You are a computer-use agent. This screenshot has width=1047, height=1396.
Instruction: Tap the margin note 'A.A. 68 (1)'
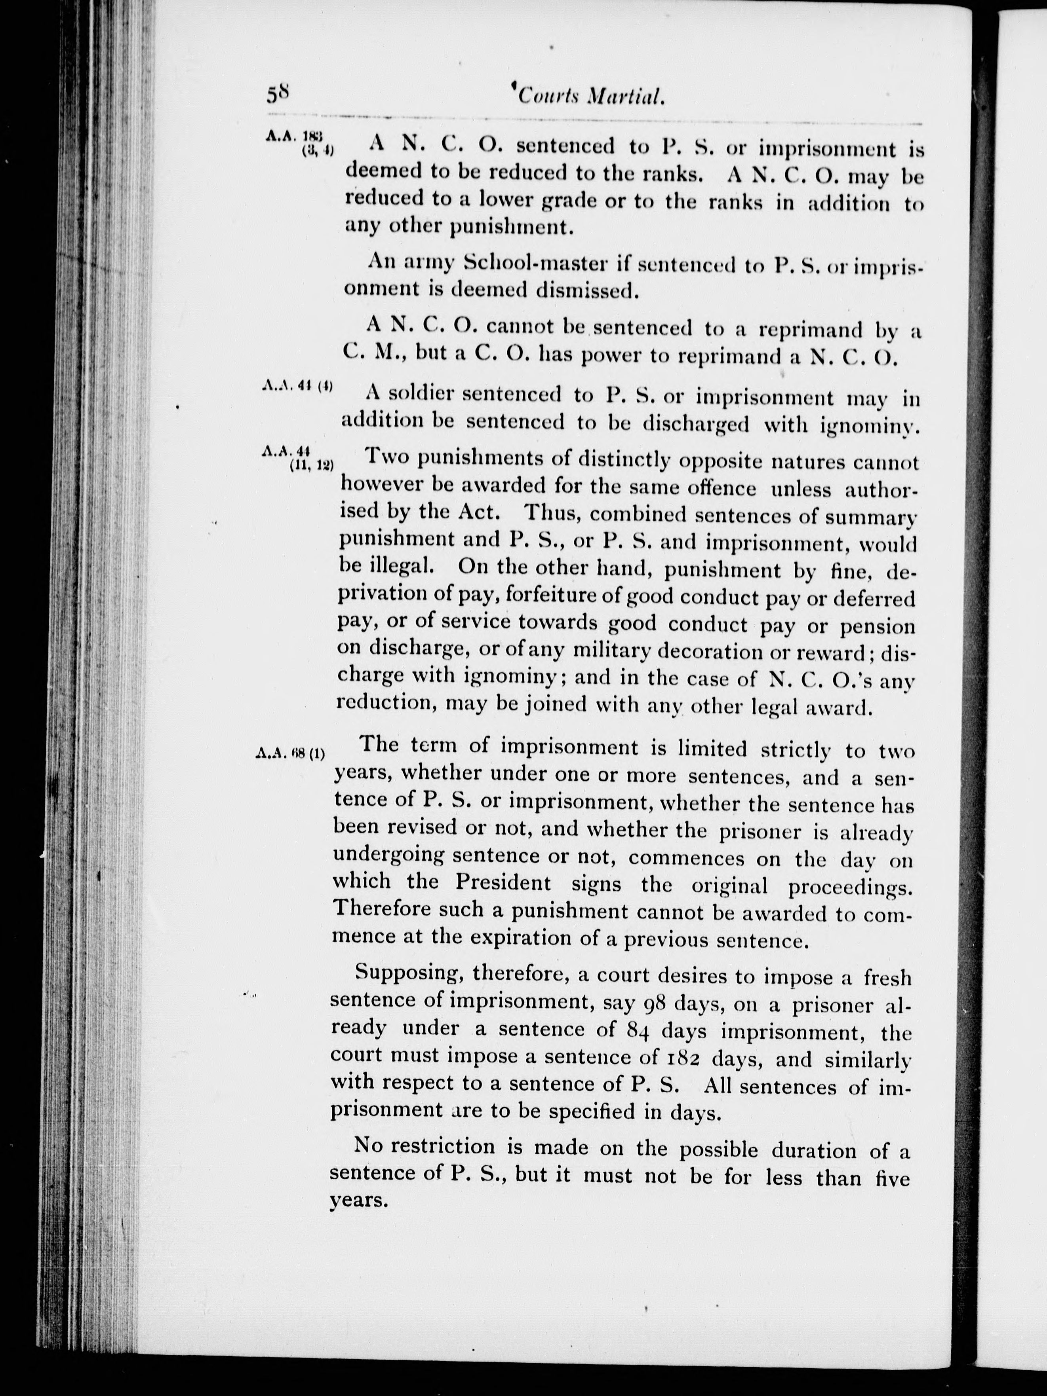[291, 753]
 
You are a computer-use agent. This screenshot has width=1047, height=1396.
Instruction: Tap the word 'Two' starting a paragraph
[385, 456]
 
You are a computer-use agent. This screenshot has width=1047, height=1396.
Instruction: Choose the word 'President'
[503, 882]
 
